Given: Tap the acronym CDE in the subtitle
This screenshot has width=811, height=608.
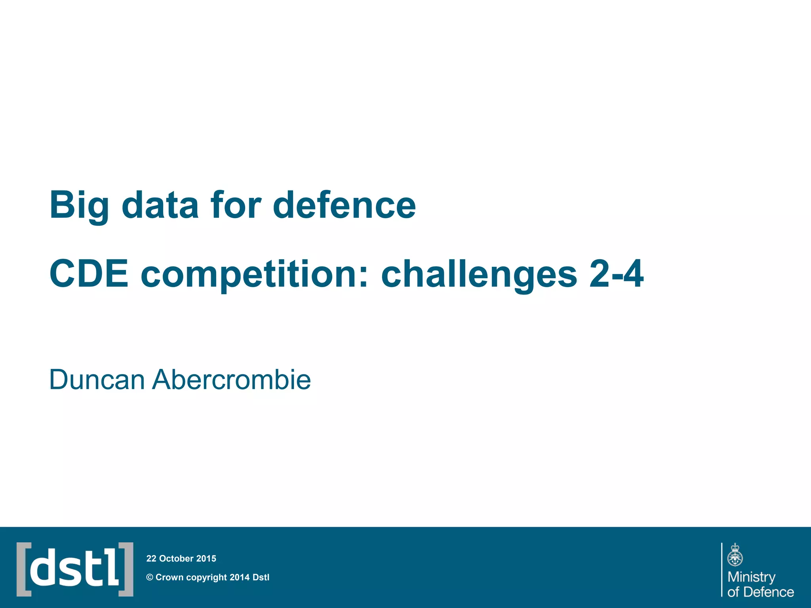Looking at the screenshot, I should (x=89, y=274).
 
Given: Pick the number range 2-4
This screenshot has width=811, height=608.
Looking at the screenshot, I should (x=616, y=274).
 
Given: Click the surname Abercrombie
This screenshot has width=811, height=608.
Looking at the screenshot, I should (x=232, y=380).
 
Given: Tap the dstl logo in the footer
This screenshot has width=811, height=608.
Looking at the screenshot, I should (x=75, y=569).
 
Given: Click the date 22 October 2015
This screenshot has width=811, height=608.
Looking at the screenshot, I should (x=181, y=559).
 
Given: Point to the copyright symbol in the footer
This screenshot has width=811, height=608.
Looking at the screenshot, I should (x=150, y=578).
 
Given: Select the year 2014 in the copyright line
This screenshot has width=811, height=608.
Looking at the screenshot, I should (x=240, y=578).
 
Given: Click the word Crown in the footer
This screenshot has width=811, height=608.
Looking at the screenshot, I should (x=169, y=578).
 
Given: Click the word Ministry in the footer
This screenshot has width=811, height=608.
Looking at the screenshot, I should (x=752, y=577).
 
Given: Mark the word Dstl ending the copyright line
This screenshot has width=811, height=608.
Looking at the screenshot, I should (x=261, y=578).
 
